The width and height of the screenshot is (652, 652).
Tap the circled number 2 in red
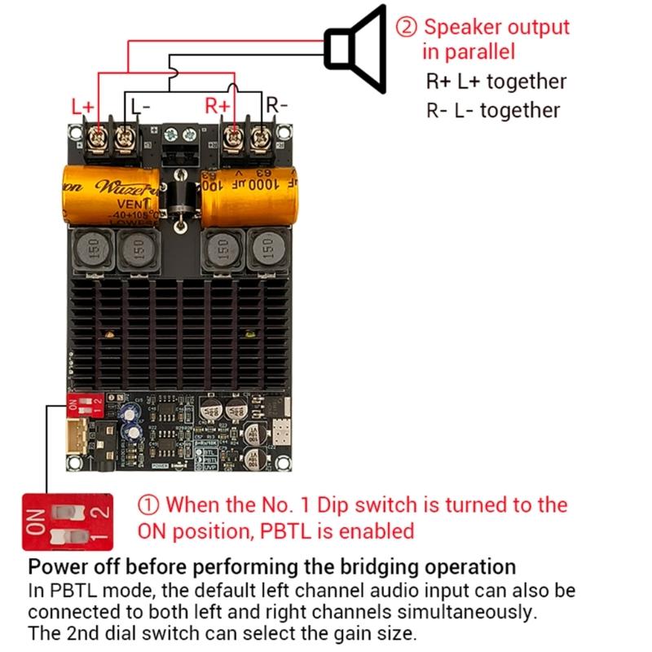[x=407, y=26]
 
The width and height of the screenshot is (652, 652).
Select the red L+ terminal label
[x=82, y=105]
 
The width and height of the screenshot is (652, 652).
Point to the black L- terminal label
[x=140, y=105]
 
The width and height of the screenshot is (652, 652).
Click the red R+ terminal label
[x=218, y=105]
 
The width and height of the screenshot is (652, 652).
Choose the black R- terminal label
[x=276, y=105]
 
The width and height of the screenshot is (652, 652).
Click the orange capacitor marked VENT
[x=110, y=195]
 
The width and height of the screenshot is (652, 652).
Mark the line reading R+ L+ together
[x=496, y=81]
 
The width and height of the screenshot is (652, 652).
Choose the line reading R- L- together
[x=493, y=110]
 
